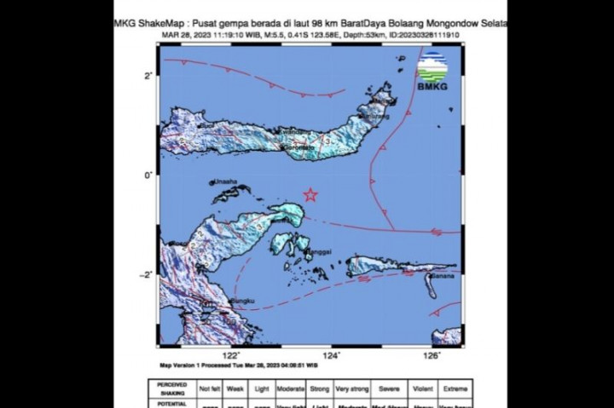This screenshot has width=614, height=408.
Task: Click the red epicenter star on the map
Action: pyautogui.click(x=310, y=194)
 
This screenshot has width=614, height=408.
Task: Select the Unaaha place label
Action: pyautogui.click(x=226, y=181)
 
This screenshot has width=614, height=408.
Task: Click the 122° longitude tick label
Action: pyautogui.click(x=231, y=355)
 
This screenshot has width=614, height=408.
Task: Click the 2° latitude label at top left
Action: pyautogui.click(x=148, y=76)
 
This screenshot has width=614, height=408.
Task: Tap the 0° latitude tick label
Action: pyautogui.click(x=148, y=175)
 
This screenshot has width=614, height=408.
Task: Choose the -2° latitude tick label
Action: pyautogui.click(x=147, y=274)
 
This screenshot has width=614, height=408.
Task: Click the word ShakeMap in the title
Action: pyautogui.click(x=162, y=24)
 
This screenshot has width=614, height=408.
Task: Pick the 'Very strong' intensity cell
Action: pyautogui.click(x=351, y=388)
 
